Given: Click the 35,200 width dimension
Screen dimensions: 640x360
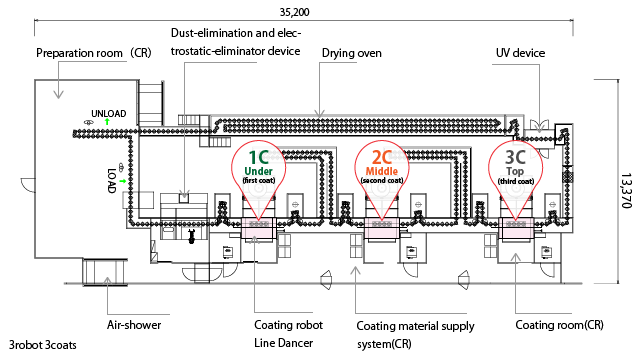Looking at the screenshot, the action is (x=294, y=12).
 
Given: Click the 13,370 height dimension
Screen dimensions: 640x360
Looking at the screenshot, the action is (x=626, y=191).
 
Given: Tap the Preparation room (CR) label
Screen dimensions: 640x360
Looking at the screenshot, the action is (x=94, y=53).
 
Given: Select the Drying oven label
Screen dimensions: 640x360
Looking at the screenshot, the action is (x=351, y=53).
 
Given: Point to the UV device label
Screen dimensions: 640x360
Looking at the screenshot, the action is (x=520, y=53).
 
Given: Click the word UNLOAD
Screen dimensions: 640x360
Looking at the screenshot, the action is (x=109, y=113).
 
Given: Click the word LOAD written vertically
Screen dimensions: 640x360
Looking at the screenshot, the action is (x=112, y=180).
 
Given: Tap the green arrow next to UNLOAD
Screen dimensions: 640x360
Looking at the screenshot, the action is (x=107, y=122).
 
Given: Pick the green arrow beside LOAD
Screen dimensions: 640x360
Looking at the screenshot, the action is (x=122, y=180).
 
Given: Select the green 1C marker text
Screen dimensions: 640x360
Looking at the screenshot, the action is (x=259, y=157).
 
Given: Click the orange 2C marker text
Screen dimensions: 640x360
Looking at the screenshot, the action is (x=382, y=157).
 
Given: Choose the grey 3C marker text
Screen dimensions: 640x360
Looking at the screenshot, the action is (x=515, y=157).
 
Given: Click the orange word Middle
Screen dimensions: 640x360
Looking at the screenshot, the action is (x=382, y=171).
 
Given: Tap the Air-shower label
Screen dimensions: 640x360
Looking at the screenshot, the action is (x=134, y=325).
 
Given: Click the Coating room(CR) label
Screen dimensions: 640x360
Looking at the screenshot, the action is (x=559, y=325).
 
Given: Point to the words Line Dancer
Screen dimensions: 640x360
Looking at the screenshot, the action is (x=283, y=343).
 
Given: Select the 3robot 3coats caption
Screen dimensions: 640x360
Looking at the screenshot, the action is (x=42, y=345).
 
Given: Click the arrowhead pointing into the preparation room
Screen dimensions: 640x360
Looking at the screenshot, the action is (x=59, y=95).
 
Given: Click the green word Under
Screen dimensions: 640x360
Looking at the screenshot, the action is (x=258, y=171).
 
